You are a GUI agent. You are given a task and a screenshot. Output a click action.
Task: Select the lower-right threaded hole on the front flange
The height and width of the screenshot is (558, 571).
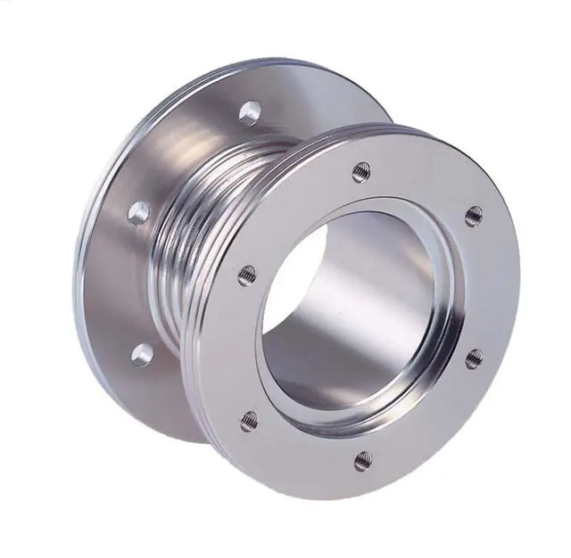pos(474,358)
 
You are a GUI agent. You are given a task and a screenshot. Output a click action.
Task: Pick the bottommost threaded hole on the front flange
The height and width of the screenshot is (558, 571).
pos(362,460)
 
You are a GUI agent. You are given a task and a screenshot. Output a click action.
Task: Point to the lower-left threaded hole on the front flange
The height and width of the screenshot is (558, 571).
pos(249,420)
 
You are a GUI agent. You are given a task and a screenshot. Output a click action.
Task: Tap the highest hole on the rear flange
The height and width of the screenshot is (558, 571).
pos(250,112)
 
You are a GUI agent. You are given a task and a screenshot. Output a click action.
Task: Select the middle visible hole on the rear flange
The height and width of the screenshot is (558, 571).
pos(139,212)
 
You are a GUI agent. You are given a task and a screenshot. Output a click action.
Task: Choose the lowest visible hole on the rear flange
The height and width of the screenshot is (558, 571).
pos(142,355)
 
